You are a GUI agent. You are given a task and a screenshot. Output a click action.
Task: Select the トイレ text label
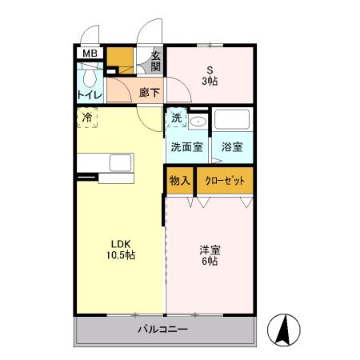(89, 96)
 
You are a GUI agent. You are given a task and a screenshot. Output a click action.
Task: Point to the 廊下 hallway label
(148, 93)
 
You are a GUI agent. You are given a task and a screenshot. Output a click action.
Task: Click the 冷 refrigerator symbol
(87, 118)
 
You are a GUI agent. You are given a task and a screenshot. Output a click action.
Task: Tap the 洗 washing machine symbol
(176, 118)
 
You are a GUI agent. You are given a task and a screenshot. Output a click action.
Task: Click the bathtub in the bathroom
(233, 123)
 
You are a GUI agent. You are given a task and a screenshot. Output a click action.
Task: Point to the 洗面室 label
(186, 147)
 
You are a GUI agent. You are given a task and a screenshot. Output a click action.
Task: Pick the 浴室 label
(232, 147)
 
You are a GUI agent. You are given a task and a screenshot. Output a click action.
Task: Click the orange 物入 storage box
(179, 180)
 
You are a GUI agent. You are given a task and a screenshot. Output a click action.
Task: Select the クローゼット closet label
(225, 180)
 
